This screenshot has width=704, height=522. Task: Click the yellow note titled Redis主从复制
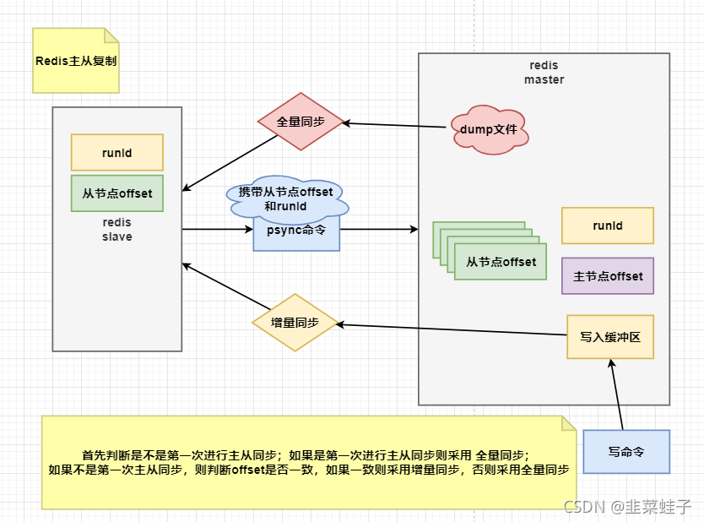[76, 61]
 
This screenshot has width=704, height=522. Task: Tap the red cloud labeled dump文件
[489, 130]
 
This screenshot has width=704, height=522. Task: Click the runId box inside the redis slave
[116, 153]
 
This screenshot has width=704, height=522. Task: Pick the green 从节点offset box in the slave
[116, 193]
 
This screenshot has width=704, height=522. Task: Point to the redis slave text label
[116, 230]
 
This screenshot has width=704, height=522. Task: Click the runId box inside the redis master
[607, 226]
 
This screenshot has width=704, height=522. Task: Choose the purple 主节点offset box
[607, 276]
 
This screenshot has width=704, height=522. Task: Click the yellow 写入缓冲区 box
[609, 336]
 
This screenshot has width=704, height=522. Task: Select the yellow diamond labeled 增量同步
[295, 323]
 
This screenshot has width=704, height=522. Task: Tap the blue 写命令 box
[625, 452]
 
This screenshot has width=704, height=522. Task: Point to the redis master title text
[544, 73]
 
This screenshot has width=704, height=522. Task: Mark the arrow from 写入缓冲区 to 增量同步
[452, 329]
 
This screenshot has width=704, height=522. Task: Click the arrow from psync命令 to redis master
[378, 229]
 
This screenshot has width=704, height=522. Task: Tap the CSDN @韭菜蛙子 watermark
[627, 507]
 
